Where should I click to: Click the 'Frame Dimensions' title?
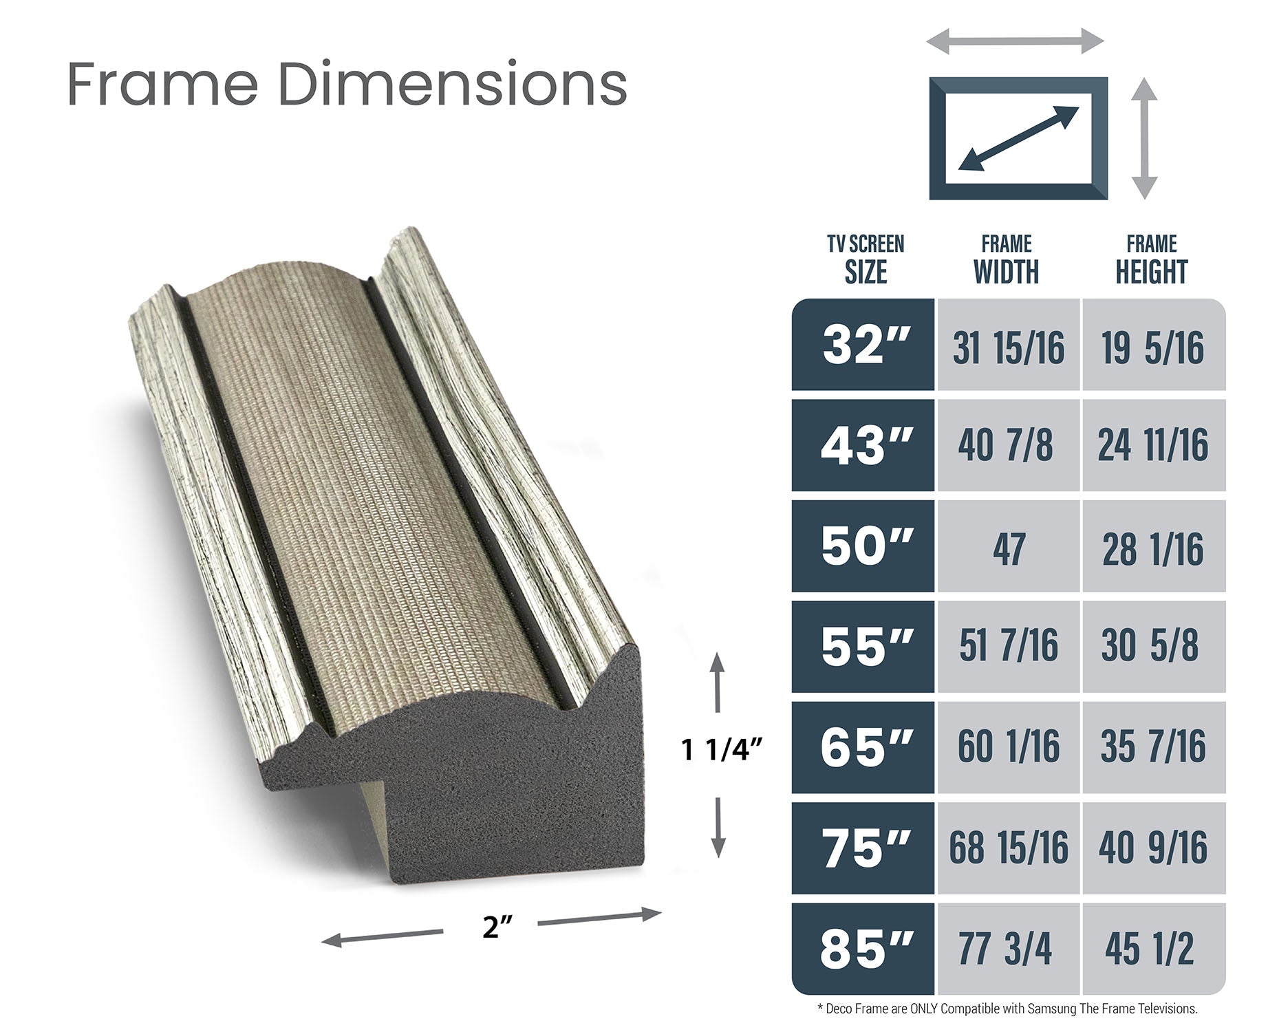pos(347,85)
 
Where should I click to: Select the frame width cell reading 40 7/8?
pos(1008,445)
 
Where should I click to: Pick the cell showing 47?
pos(1008,546)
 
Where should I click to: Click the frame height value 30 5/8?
pos(1154,647)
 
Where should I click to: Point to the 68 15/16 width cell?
pos(1008,848)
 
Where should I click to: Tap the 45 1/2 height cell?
pos(1154,949)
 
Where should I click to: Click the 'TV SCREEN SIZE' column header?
pos(866,259)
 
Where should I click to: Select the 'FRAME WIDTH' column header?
pos(1007,259)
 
